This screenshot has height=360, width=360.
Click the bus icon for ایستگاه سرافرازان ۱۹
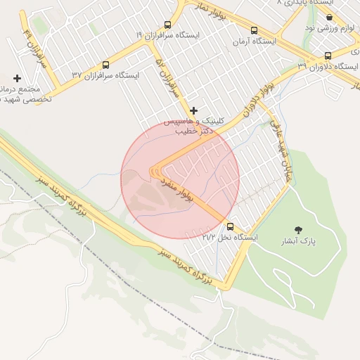click(167, 25)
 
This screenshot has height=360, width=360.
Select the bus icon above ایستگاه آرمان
click(254, 30)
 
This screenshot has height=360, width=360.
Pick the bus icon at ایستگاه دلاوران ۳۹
click(328, 56)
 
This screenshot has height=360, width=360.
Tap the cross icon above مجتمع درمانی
click(17, 78)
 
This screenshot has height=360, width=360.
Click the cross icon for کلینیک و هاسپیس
click(194, 110)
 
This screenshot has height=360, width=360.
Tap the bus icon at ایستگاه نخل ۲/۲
click(230, 226)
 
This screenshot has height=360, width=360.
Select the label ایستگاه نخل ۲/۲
click(230, 238)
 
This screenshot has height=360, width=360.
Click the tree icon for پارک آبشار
click(299, 230)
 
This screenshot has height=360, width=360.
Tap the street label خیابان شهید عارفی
click(278, 150)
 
